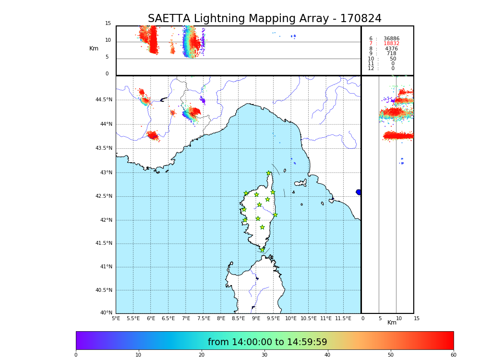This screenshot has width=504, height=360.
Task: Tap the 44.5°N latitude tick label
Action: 104,100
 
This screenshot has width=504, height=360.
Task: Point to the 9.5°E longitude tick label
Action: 274,318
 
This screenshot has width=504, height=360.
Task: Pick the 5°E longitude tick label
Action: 116,318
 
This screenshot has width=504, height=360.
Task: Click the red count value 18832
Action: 391,44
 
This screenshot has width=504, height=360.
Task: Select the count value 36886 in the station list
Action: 391,39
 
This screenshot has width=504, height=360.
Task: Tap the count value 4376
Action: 391,49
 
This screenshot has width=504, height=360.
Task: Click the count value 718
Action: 392,54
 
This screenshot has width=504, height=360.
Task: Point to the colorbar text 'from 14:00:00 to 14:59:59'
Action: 267,342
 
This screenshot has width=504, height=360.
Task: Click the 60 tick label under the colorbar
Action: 453,355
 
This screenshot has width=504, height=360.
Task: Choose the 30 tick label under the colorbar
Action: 264,355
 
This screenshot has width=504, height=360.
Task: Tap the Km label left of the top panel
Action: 94,48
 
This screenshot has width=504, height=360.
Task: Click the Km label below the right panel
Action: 392,323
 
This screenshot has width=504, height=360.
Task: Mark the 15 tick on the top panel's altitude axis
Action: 108,24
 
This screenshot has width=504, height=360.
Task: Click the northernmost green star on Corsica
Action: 269,173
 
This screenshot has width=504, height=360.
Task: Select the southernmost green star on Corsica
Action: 262,250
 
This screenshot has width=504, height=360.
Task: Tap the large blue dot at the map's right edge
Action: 359,192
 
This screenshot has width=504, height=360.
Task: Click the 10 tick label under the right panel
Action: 399,318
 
